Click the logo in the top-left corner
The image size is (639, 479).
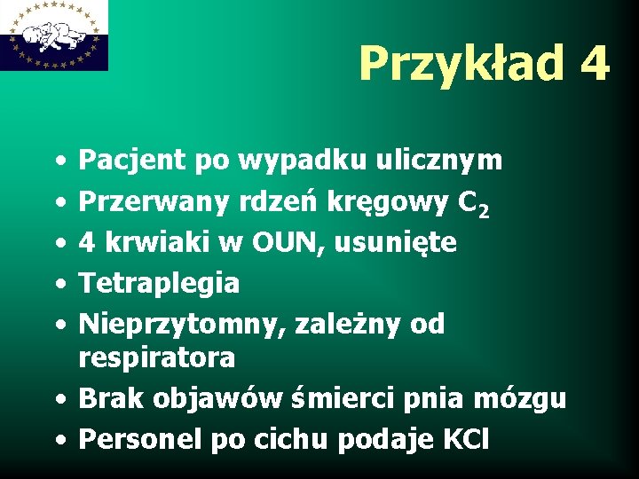54,35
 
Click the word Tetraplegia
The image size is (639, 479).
160,284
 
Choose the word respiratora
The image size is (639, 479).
157,357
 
